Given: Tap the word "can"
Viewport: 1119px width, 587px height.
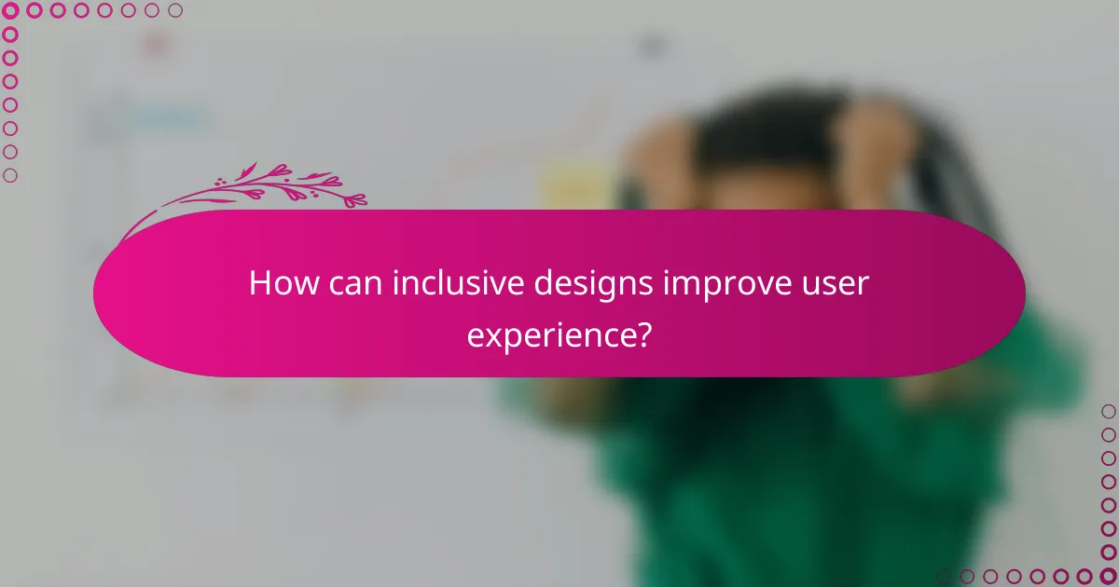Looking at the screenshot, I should coord(352,284).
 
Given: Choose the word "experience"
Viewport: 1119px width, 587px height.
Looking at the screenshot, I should coord(546,333).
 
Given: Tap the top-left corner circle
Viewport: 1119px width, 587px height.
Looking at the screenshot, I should coord(10,11).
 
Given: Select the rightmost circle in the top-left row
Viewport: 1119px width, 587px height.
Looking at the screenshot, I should coord(174,11).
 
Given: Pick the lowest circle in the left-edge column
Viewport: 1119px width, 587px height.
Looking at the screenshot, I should coord(10,175).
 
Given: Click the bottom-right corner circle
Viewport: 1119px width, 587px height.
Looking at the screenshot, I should coord(1108,576).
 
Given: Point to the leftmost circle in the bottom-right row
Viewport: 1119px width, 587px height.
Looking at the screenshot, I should coord(944,576).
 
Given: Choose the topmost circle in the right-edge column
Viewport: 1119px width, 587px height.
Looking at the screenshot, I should coord(1108,411).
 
